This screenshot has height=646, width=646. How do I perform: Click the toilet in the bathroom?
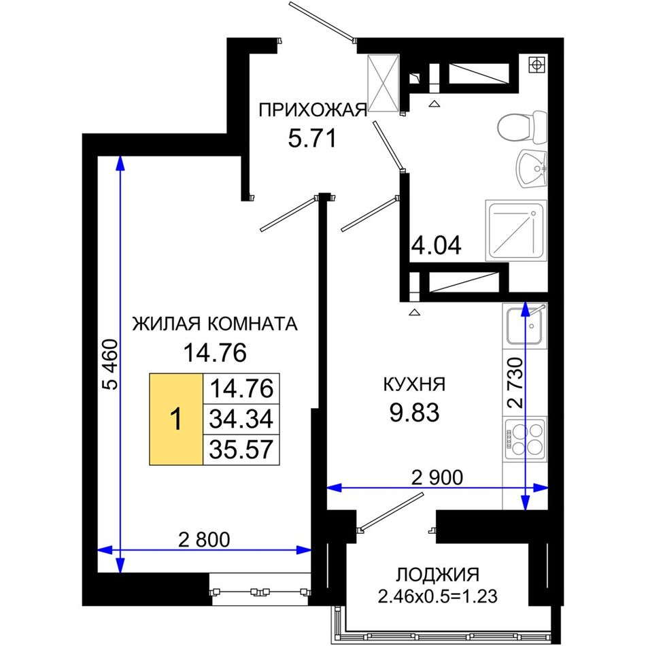tap(522, 127)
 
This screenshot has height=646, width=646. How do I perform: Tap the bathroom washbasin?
tap(531, 169)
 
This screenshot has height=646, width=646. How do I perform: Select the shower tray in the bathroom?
tap(516, 231)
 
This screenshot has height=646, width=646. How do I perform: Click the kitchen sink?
tap(524, 326)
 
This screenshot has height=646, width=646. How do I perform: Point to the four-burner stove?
tap(524, 439)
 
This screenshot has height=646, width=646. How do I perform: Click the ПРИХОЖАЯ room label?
tap(313, 111)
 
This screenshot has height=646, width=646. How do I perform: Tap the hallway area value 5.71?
tap(312, 138)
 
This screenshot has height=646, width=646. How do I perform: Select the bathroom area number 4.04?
tap(437, 245)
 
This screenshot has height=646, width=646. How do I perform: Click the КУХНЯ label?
tap(415, 384)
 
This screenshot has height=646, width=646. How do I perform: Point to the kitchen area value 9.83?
tap(415, 412)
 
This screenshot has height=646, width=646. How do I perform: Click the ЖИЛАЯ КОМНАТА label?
tap(215, 324)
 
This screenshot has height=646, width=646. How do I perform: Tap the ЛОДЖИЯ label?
tap(438, 575)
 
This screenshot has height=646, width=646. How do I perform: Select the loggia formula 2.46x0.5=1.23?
tap(437, 596)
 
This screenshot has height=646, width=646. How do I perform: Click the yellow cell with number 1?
tap(176, 420)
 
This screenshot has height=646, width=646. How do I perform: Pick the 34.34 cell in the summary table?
tap(241, 420)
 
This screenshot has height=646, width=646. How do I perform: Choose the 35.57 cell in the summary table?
tap(241, 450)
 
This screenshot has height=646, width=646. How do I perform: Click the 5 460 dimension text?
tap(110, 364)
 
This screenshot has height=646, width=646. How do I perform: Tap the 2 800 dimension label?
tap(204, 539)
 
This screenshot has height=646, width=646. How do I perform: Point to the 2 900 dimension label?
tap(437, 477)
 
